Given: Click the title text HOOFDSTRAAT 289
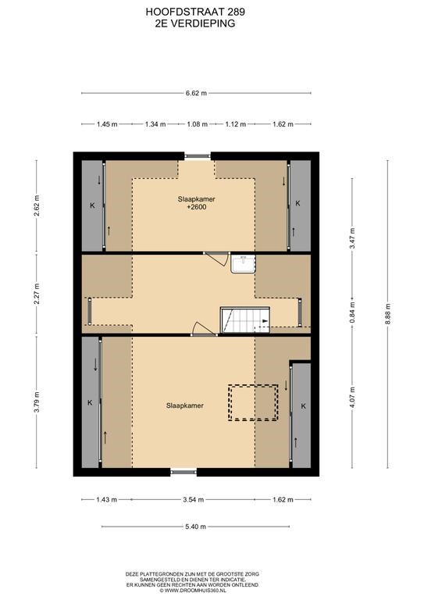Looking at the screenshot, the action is coord(195,12).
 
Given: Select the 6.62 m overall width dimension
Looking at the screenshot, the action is coord(196,93).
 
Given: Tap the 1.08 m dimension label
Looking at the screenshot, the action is coord(197,124).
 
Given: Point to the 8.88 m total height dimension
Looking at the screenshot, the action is coord(387,314).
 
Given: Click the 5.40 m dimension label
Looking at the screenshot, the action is coord(195,527).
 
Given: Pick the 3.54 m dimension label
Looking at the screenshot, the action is coord(193,499).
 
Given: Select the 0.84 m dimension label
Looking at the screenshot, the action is coord(352,312).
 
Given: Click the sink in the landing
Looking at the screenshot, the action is coord(243,263).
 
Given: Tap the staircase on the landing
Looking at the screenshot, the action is coord(245,320).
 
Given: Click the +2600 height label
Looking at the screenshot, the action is coord(196,207).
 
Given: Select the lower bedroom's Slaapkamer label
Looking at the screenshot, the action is coord(184,405).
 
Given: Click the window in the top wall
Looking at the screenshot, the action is coord(198,156).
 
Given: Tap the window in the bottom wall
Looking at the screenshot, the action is coord(183,472).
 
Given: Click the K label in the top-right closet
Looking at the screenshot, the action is coord(298,203).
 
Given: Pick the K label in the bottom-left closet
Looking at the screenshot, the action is coord(90,402).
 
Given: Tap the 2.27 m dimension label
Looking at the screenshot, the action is coord(37,294).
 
